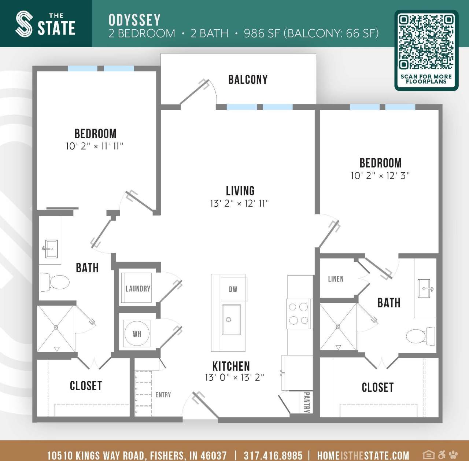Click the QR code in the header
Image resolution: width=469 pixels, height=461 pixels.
point(426,42)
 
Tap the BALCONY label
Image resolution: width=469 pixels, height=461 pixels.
point(248,80)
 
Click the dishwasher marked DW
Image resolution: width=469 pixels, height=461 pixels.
point(233,289)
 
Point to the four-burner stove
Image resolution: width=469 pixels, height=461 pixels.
point(299,314)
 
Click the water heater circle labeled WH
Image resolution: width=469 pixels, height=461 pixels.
point(137,333)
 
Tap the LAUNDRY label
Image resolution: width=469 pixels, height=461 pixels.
point(138,289)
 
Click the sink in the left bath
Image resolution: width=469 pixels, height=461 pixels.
point(51,249)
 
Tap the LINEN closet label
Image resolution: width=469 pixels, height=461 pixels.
point(336,279)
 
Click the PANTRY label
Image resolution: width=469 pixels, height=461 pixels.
point(307,402)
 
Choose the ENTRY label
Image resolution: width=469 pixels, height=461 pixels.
point(163,395)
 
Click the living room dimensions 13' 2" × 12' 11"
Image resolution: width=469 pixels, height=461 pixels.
point(239,203)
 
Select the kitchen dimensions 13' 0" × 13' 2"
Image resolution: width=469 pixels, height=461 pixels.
point(234,377)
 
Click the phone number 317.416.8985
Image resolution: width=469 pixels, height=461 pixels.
point(273,456)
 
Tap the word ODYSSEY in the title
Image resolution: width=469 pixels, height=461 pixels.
point(134,20)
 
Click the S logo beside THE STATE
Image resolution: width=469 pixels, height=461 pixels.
point(24,24)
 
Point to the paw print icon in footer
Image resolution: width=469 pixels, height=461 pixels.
point(453,455)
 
